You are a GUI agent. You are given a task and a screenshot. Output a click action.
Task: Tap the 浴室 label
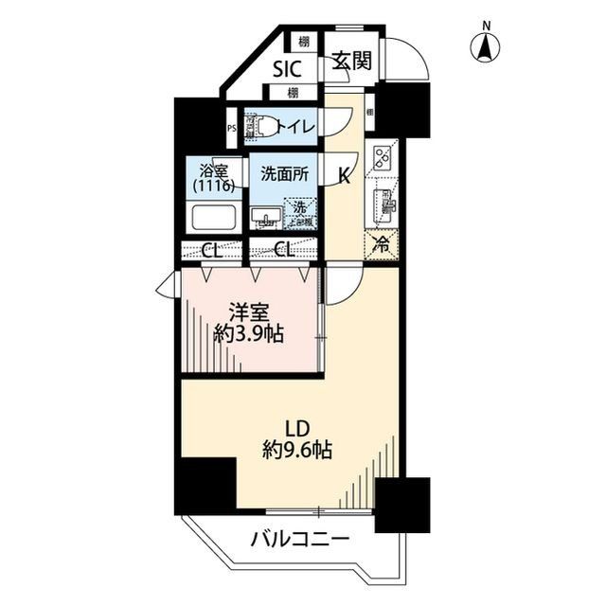pyautogui.click(x=214, y=171)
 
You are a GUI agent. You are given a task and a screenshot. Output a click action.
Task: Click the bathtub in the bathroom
pyautogui.click(x=214, y=218)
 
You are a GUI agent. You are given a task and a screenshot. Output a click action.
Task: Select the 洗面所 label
pyautogui.click(x=284, y=174)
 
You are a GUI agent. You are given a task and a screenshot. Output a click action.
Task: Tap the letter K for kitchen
pyautogui.click(x=346, y=174)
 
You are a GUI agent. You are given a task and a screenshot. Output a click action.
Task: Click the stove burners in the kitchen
pyautogui.click(x=384, y=156)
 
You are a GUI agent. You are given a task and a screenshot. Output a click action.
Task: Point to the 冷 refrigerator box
pyautogui.click(x=383, y=244)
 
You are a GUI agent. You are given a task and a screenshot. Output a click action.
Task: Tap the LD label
pyautogui.click(x=295, y=426)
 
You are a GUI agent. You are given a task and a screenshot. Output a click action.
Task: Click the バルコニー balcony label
pyautogui.click(x=300, y=540)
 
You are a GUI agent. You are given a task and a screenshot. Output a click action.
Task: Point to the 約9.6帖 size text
pyautogui.click(x=295, y=451)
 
